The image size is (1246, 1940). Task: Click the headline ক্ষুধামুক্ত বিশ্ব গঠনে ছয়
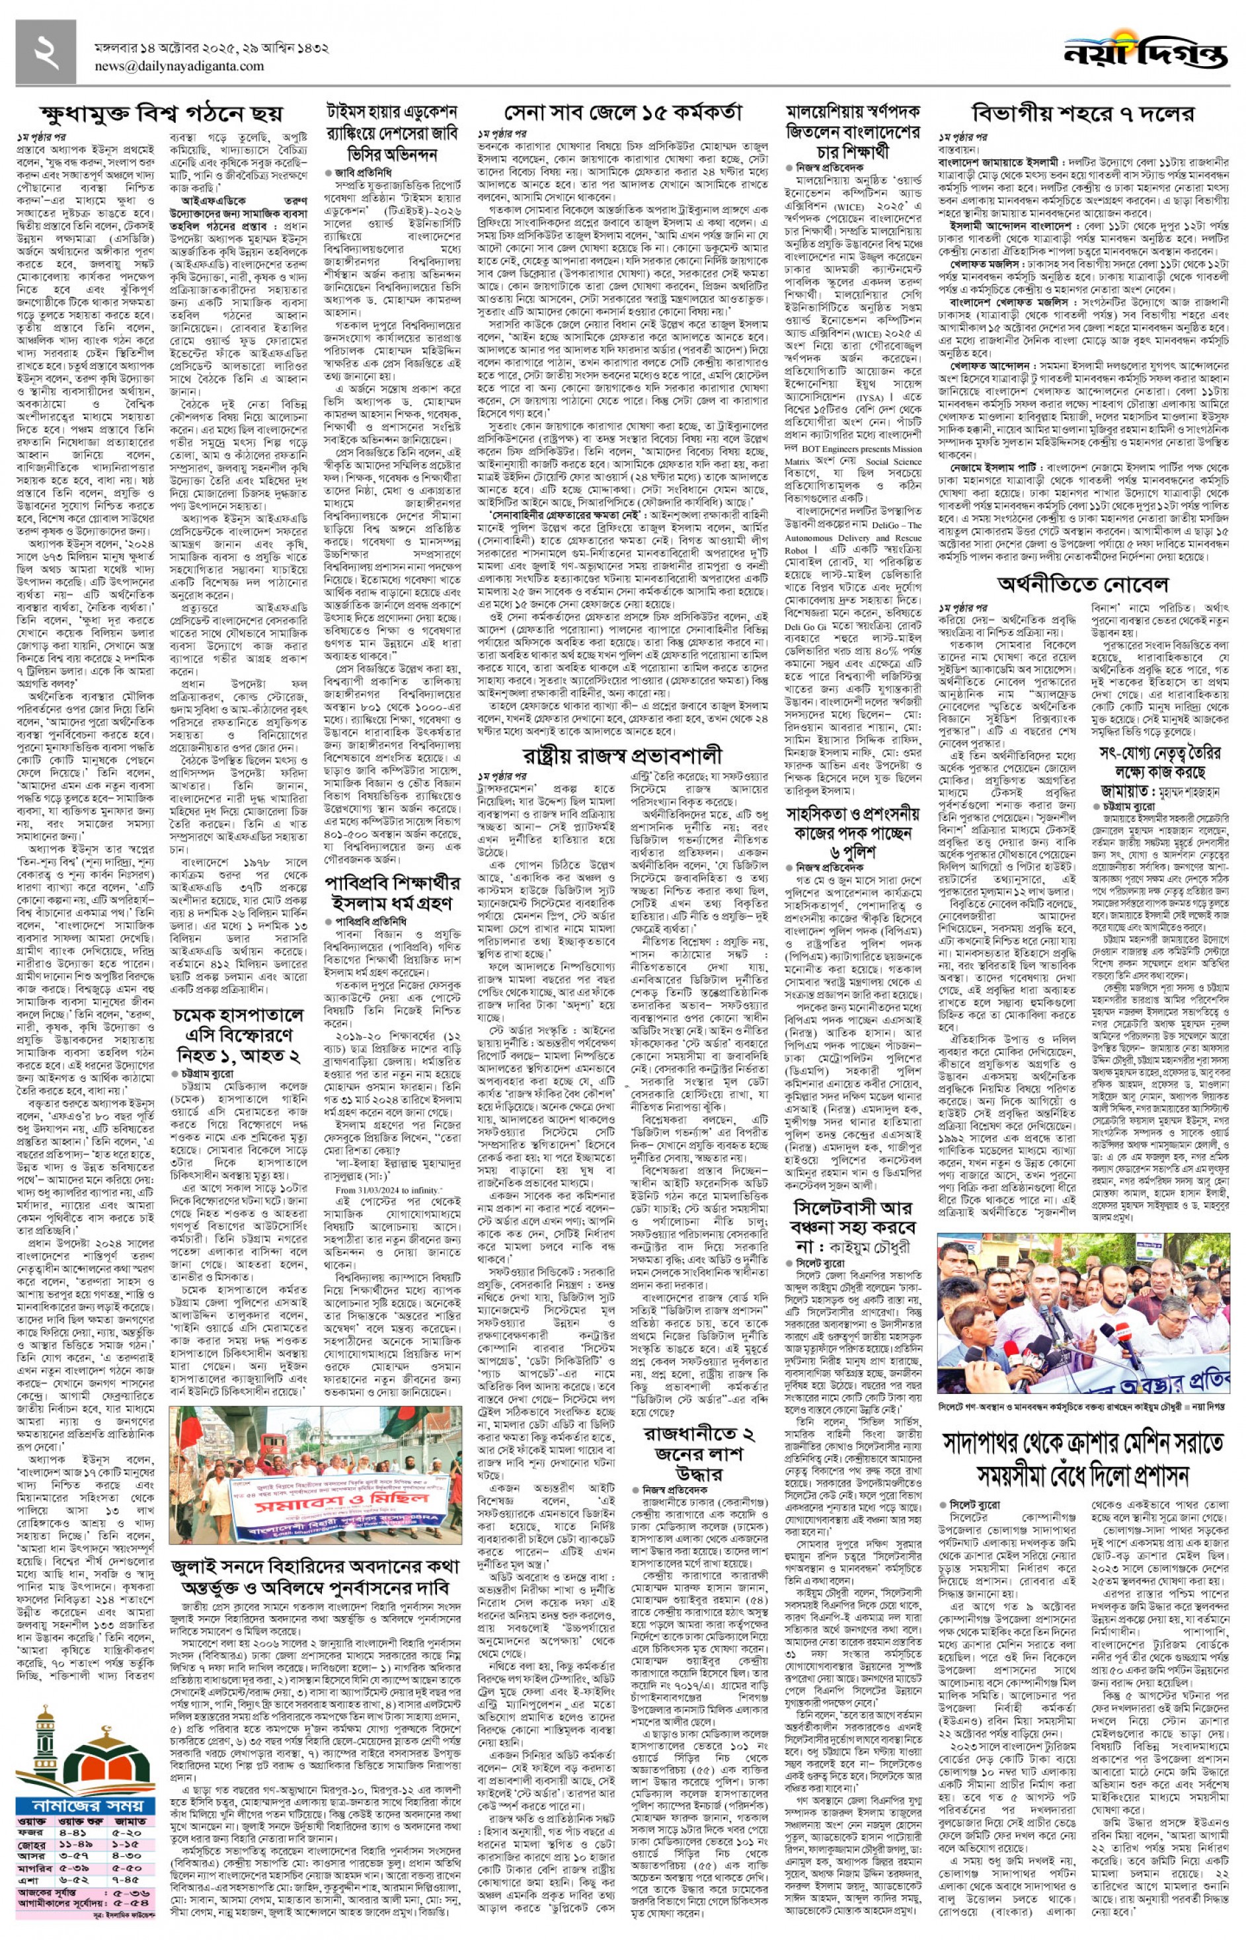(162, 112)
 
